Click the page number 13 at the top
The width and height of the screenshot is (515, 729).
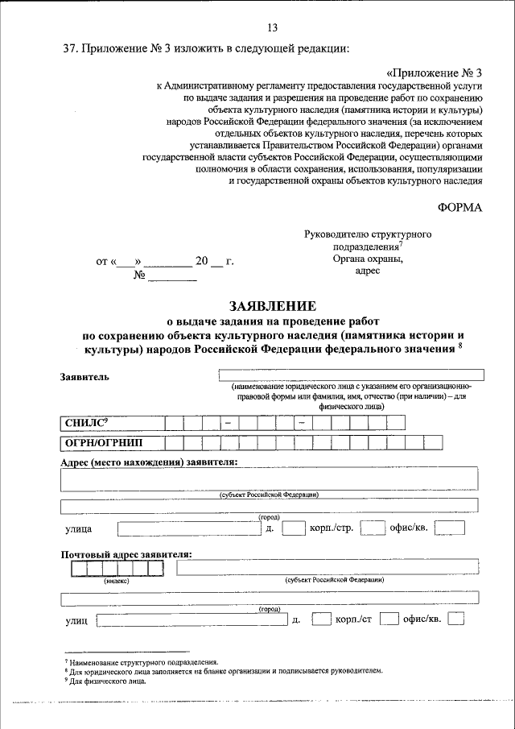click(x=261, y=30)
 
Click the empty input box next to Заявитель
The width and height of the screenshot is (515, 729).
click(x=351, y=375)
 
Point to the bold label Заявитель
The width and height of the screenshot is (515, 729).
click(x=84, y=376)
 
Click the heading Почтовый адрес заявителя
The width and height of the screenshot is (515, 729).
click(x=126, y=554)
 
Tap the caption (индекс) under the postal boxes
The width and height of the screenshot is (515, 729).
click(x=117, y=580)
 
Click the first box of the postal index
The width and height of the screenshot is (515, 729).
click(x=79, y=569)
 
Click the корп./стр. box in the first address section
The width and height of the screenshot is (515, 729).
click(x=372, y=528)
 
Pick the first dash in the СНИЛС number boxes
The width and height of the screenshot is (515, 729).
click(x=229, y=423)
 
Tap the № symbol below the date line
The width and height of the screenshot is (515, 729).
click(x=138, y=274)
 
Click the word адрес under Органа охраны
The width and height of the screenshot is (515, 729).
click(x=367, y=272)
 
